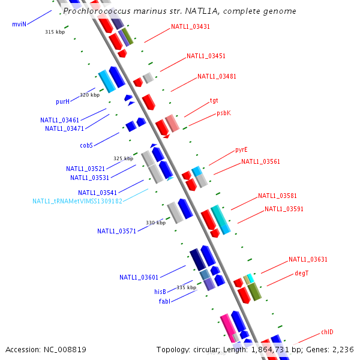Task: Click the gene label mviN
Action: [x=19, y=24]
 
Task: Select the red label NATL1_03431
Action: [x=190, y=26]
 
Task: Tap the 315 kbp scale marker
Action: [x=55, y=32]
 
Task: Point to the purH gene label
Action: [x=62, y=102]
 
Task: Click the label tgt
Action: [x=214, y=101]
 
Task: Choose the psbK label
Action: [x=224, y=113]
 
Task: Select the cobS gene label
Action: [x=86, y=145]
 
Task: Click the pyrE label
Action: [x=241, y=149]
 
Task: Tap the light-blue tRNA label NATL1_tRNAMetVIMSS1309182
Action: [x=77, y=201]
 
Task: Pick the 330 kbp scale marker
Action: [x=155, y=223]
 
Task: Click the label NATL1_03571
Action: [x=116, y=231]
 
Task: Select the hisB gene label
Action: [x=160, y=292]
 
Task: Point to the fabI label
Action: [x=164, y=301]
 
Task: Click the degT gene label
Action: [x=301, y=273]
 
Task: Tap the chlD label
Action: [x=327, y=332]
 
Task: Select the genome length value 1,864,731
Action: [x=270, y=350]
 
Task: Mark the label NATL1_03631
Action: [x=308, y=259]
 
